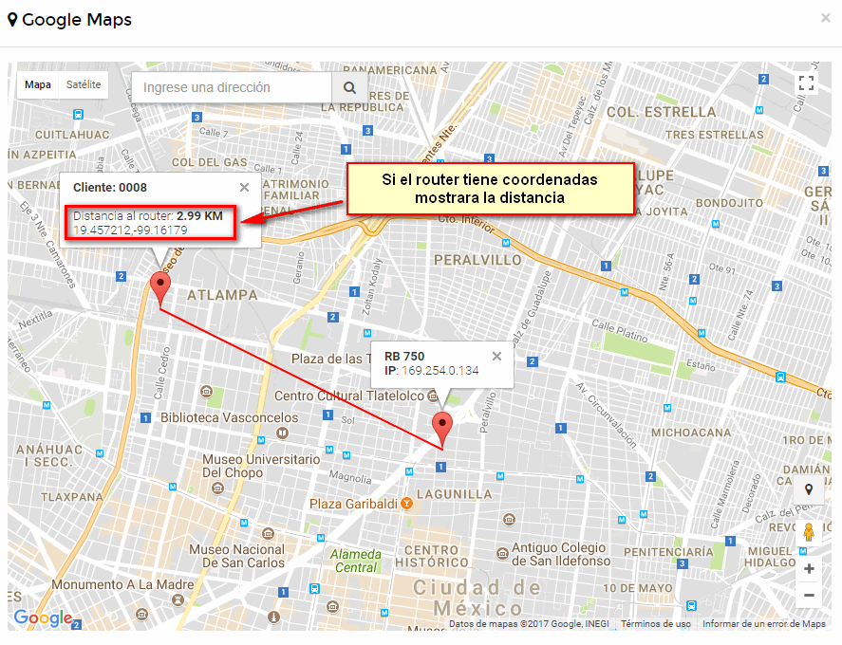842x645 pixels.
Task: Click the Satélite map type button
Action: click(84, 85)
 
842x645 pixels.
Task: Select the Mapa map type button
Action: click(38, 85)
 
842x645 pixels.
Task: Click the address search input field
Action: click(231, 87)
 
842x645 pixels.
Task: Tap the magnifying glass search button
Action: click(349, 87)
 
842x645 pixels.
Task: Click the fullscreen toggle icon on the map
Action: click(806, 83)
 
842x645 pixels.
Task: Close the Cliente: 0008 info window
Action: click(244, 188)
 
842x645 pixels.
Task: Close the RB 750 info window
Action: click(496, 357)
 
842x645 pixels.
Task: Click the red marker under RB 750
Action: click(441, 427)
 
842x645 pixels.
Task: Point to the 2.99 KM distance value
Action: click(199, 216)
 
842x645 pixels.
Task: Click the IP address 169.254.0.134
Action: click(440, 370)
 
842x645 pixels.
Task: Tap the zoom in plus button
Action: click(809, 569)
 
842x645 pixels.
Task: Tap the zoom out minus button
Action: click(809, 596)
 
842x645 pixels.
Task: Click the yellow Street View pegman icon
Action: click(809, 532)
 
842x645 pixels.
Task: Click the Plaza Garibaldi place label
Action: click(354, 503)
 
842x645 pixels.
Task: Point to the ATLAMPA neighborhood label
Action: click(222, 295)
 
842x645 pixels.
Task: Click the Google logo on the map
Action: click(43, 618)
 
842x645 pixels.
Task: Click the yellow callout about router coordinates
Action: click(490, 189)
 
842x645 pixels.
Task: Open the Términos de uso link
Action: click(656, 624)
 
